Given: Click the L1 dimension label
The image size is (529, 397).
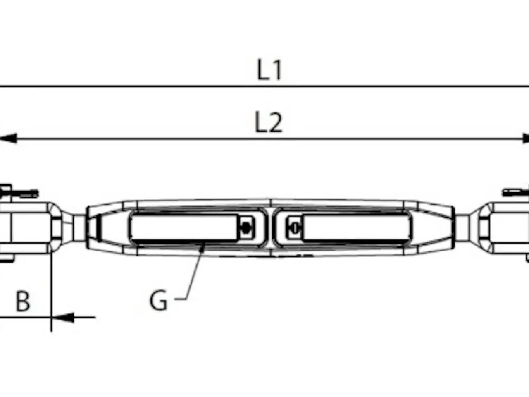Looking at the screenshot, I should click(x=269, y=70).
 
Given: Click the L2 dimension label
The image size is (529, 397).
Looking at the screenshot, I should click(x=269, y=123).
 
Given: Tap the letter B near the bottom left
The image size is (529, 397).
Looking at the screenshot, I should click(x=23, y=301).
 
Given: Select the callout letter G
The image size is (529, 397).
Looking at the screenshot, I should click(x=158, y=301).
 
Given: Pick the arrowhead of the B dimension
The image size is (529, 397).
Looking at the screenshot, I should click(x=62, y=318).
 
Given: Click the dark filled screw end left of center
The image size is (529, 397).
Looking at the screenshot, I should click(x=246, y=227).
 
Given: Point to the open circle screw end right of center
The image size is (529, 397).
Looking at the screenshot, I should click(x=295, y=227).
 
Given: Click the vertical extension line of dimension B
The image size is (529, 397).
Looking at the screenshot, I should click(x=51, y=289).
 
